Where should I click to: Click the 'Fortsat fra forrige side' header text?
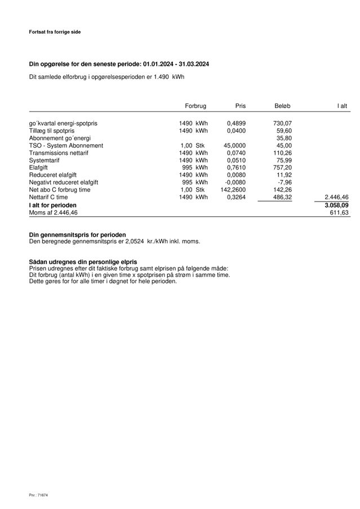(55, 32)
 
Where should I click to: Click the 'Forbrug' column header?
(195, 106)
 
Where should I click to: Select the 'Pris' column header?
(241, 106)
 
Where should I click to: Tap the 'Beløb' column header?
(283, 106)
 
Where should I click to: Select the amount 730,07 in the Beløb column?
(283, 123)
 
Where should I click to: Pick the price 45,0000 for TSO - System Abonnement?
(234, 145)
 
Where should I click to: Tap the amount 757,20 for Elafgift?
(283, 167)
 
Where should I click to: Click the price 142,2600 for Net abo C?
(233, 190)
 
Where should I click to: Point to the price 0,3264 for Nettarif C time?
(236, 197)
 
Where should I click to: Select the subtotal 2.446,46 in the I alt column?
(336, 197)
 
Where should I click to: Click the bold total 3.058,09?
(336, 206)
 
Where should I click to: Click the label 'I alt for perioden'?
(53, 206)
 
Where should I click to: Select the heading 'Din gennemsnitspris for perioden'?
(78, 234)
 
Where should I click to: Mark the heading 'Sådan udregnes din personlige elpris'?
(83, 262)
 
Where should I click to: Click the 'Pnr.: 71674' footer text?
(39, 494)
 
